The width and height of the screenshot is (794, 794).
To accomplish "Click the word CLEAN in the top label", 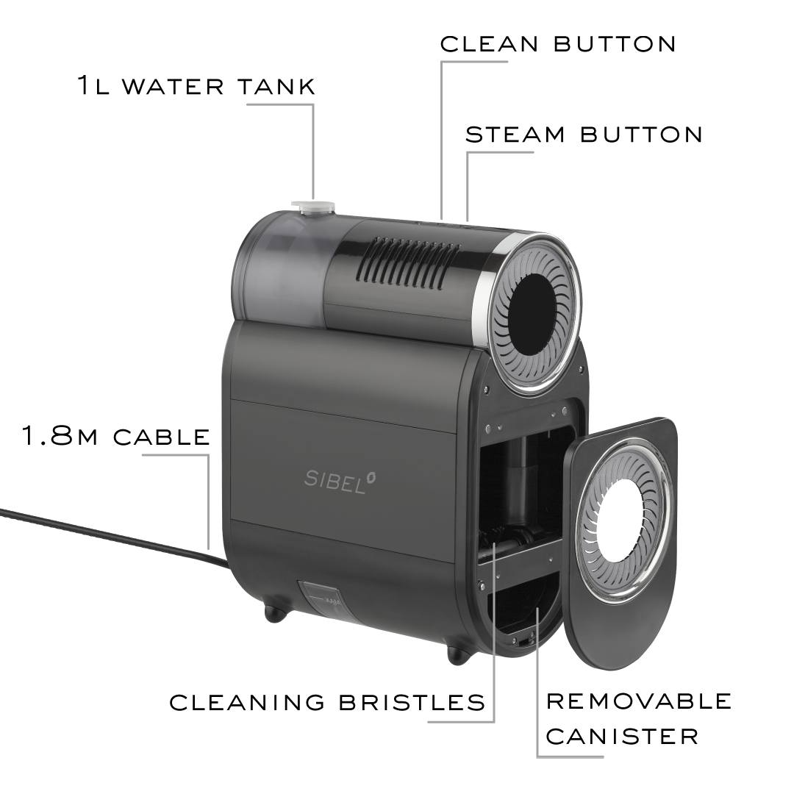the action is pyautogui.click(x=489, y=44).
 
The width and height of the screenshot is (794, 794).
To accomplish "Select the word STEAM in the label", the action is pyautogui.click(x=515, y=135).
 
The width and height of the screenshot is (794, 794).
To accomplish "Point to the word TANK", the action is pyautogui.click(x=276, y=86).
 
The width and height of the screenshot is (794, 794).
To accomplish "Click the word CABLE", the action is pyautogui.click(x=162, y=437).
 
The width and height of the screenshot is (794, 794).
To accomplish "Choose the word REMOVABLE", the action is pyautogui.click(x=639, y=701).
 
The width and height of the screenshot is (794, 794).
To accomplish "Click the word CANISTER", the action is pyautogui.click(x=623, y=736).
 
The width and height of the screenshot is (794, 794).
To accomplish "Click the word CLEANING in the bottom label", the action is pyautogui.click(x=247, y=702).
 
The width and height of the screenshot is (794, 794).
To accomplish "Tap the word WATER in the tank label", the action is pyautogui.click(x=173, y=86).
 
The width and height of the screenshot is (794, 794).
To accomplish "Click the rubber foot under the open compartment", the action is pyautogui.click(x=458, y=655).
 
